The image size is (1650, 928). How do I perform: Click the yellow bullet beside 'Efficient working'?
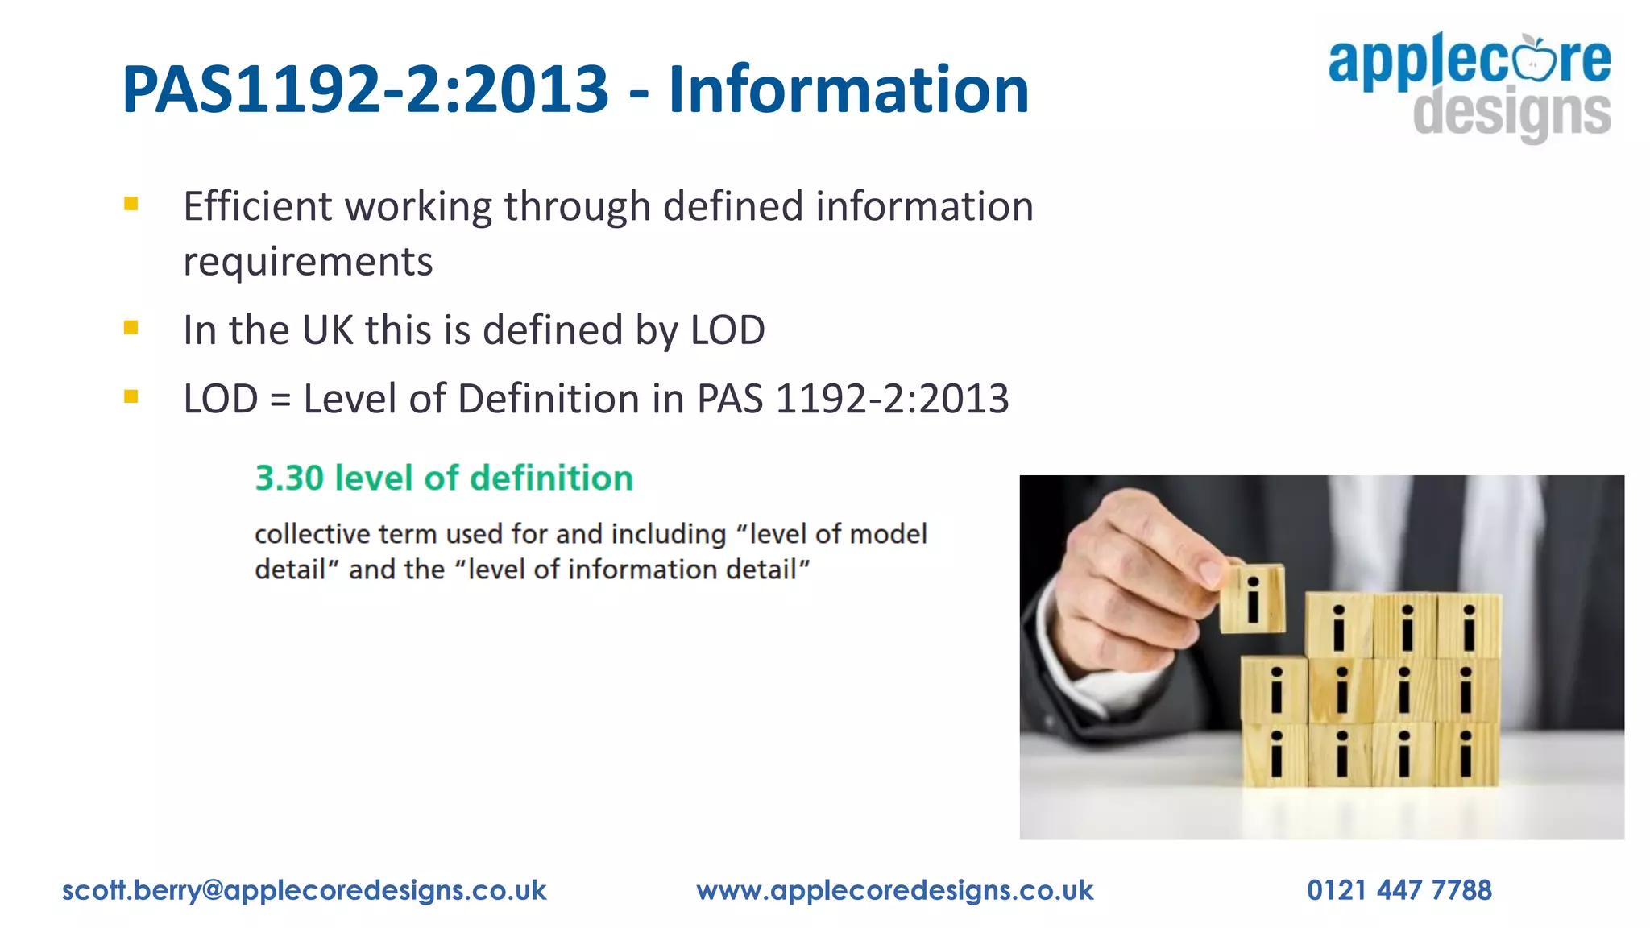point(131,205)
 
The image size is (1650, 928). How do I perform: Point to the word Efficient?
point(257,206)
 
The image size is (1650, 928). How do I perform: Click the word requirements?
point(308,262)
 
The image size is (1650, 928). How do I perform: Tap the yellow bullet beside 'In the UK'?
point(131,328)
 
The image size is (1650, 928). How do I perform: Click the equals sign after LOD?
point(280,400)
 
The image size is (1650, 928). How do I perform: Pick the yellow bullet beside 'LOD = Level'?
point(131,396)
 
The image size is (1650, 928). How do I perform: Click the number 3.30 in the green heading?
point(289,478)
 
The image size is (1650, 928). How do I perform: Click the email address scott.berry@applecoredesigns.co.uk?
point(305,890)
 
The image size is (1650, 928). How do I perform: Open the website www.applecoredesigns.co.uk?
point(895,890)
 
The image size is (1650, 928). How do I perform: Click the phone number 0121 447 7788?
point(1399,890)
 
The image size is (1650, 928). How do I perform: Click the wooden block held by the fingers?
point(1252,599)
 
